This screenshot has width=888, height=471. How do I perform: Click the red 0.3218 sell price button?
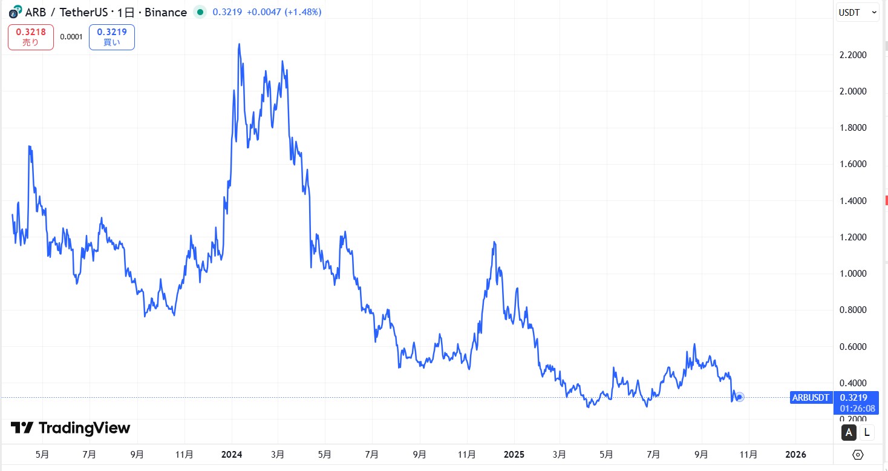tap(31, 37)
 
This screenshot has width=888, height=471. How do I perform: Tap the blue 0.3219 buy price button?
tap(112, 37)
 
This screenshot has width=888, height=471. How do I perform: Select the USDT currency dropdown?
tap(857, 12)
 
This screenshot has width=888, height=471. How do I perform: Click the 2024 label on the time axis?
tap(232, 454)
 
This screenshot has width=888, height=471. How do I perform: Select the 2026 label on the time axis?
tap(795, 454)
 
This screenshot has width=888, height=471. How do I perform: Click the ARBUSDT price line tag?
tap(811, 398)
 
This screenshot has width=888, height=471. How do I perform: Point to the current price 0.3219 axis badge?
tap(857, 398)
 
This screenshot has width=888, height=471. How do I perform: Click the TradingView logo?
tap(71, 428)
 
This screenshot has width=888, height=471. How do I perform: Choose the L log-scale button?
tap(867, 432)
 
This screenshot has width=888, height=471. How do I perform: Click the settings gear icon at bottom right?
tap(858, 455)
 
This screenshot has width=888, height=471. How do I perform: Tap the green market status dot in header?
tap(200, 12)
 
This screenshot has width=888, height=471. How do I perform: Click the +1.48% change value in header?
tap(303, 12)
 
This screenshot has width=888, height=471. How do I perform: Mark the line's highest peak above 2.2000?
tap(240, 44)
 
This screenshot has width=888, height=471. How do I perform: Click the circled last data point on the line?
tap(739, 397)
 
